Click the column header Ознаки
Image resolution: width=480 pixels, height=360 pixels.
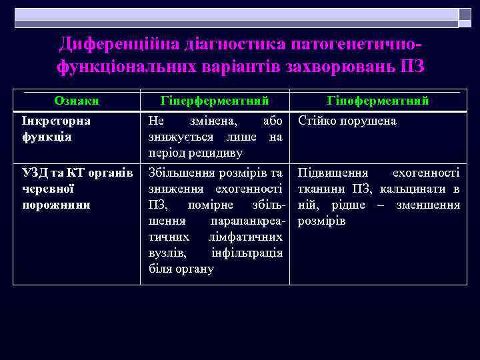click(x=77, y=101)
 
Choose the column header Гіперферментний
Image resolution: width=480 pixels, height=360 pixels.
click(x=215, y=101)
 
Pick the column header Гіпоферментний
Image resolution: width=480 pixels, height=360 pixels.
click(x=378, y=101)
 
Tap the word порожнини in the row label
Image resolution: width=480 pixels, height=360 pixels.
click(x=56, y=205)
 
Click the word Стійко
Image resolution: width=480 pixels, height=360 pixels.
click(x=317, y=121)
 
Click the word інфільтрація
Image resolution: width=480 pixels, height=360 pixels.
click(x=247, y=253)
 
